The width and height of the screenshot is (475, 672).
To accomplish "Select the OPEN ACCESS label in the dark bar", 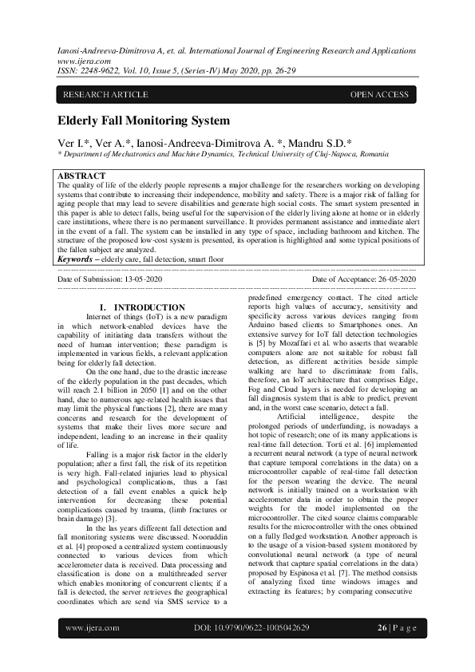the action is pyautogui.click(x=379, y=95).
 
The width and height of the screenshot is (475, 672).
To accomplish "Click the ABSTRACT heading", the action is pyautogui.click(x=82, y=176).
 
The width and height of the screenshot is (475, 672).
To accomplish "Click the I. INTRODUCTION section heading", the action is pyautogui.click(x=142, y=307).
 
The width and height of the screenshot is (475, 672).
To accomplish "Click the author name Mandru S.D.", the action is pyautogui.click(x=331, y=142).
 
